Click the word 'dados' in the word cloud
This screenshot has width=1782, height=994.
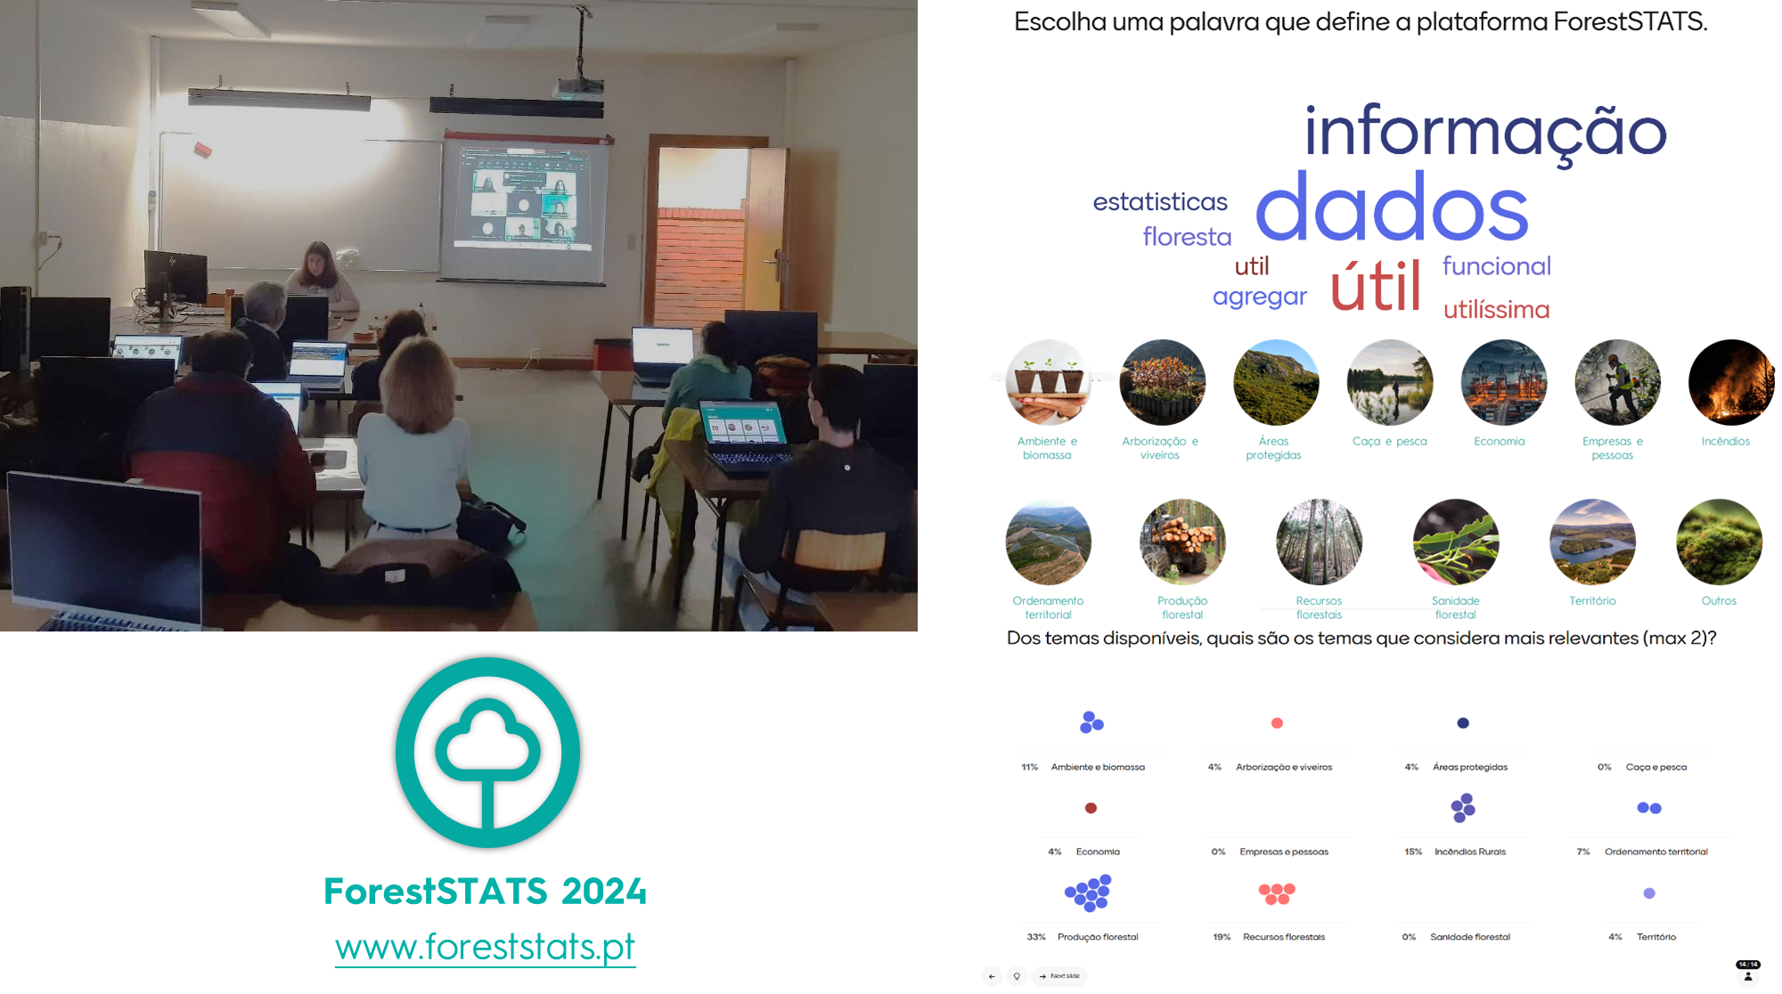(1392, 208)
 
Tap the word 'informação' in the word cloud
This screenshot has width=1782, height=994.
(1485, 132)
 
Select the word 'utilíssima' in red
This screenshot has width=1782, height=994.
(1497, 309)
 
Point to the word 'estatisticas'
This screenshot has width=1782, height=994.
(1160, 202)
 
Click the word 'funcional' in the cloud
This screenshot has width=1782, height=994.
(1497, 265)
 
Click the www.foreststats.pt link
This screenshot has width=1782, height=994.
(485, 946)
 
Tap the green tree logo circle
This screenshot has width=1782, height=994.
(487, 753)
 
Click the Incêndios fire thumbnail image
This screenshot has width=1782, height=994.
(1731, 382)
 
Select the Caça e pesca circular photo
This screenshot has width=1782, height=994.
(1390, 382)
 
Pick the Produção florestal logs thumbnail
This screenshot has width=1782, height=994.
(1182, 542)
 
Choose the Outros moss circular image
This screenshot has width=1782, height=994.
(1719, 542)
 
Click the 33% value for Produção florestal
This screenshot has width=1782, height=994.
(1036, 937)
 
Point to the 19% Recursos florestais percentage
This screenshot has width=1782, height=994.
(1222, 937)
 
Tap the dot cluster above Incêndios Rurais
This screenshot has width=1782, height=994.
(1463, 808)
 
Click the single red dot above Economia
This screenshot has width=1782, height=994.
(1091, 808)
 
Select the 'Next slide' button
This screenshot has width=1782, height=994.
(1060, 976)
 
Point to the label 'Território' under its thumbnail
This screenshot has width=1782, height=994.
(1592, 601)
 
